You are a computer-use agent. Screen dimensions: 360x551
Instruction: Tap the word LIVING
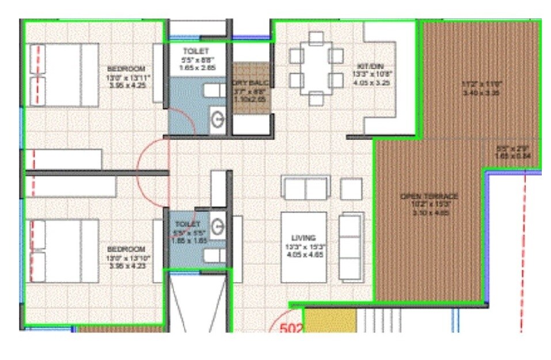tap(303, 237)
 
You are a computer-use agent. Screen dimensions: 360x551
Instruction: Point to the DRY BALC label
tap(251, 83)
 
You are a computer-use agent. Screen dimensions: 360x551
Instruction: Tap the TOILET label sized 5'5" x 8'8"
tap(196, 51)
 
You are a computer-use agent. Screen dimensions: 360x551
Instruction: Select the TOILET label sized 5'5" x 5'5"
tap(188, 223)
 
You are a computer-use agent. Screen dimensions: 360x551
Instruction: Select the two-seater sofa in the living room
tap(306, 188)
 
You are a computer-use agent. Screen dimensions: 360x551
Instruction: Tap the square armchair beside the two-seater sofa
tap(351, 188)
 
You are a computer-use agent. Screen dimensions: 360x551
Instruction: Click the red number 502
tap(291, 329)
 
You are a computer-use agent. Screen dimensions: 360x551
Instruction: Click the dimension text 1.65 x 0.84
tap(512, 156)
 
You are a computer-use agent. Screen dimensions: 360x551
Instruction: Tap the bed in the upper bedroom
tap(63, 75)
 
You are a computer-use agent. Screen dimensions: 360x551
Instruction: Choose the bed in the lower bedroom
tap(63, 251)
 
